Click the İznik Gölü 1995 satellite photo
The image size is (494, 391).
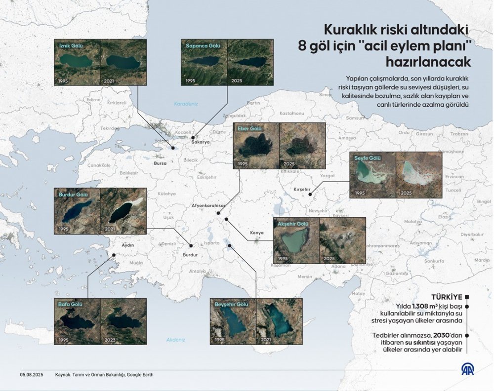click(78, 63)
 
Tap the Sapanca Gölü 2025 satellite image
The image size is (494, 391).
click(250, 63)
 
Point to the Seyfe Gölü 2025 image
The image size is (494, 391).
click(418, 175)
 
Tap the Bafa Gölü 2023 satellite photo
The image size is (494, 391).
click(123, 321)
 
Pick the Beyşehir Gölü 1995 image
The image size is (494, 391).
click(233, 321)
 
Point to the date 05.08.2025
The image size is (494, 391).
click(32, 375)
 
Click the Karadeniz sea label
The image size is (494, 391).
click(186, 104)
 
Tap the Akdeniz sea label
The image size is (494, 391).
click(175, 340)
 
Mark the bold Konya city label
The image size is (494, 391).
click(257, 232)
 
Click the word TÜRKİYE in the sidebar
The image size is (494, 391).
click(447, 297)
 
